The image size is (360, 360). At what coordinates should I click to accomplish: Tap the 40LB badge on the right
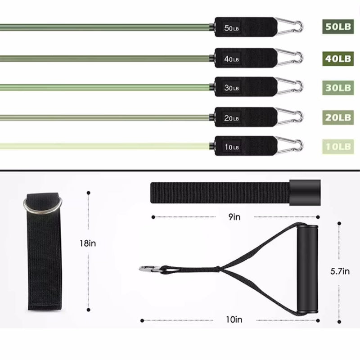[337, 58]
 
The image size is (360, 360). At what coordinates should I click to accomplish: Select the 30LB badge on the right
[337, 87]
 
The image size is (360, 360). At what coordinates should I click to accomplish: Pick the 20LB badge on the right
[337, 117]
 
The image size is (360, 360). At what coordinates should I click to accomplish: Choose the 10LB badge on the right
[337, 146]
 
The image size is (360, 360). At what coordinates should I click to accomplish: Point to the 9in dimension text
[234, 217]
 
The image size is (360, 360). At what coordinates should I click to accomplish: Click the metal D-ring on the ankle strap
[42, 206]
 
